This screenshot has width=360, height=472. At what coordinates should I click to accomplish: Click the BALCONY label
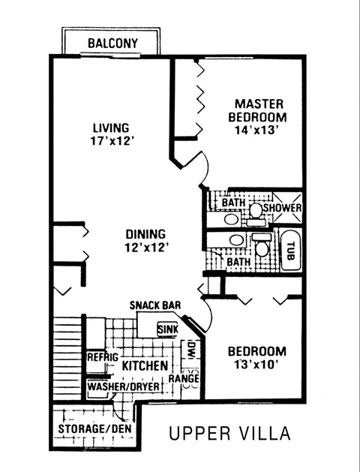click(112, 44)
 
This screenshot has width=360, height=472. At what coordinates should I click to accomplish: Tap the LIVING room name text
click(111, 128)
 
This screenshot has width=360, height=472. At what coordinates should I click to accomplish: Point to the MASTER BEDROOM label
click(259, 111)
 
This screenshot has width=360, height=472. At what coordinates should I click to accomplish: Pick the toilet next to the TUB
click(261, 245)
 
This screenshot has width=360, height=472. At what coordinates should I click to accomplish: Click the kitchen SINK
click(166, 329)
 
